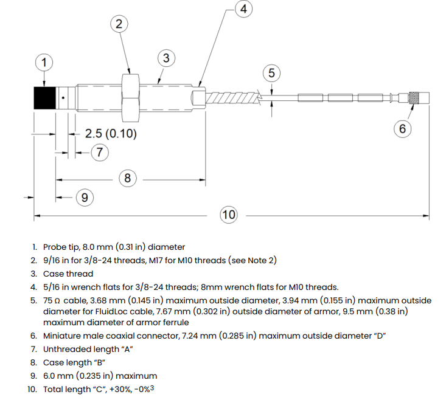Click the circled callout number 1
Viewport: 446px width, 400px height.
tap(44, 63)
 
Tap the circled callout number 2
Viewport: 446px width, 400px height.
tap(119, 24)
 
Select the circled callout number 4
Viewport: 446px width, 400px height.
tap(243, 9)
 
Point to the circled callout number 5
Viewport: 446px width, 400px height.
tap(271, 73)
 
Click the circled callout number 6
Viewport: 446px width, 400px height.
tap(402, 129)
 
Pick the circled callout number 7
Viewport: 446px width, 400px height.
tap(100, 152)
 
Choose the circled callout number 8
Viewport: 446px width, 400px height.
tap(127, 178)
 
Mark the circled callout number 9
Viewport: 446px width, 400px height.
tap(85, 197)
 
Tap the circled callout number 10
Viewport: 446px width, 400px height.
tap(229, 215)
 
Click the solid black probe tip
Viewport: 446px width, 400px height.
tap(44, 98)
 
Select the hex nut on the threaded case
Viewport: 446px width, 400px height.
tap(131, 98)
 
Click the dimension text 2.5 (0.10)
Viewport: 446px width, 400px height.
tap(111, 134)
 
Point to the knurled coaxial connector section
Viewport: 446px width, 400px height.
tap(412, 98)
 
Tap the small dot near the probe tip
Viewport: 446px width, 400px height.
tap(63, 98)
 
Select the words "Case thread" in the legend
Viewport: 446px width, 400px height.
tap(68, 274)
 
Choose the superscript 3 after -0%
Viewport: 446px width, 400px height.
tap(152, 388)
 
